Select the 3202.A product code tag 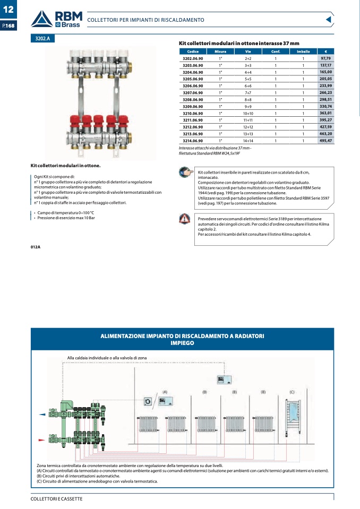[42, 38]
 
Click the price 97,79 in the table [325, 58]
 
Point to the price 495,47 [325, 141]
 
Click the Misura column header [220, 51]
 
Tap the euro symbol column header [325, 51]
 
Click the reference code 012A [36, 247]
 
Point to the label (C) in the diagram [292, 392]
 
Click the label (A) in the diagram [165, 392]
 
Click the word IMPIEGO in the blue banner [182, 343]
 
